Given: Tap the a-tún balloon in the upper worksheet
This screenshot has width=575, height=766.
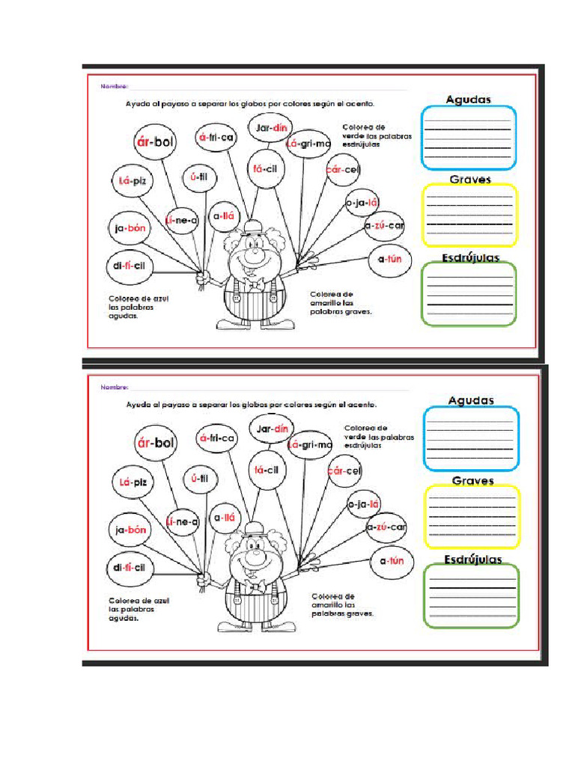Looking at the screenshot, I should click(391, 260).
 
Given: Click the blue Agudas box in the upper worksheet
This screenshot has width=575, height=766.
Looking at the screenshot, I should click(469, 138).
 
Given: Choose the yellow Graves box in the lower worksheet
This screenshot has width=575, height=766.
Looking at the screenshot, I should click(471, 517).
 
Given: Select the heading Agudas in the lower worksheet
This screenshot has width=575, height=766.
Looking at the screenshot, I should click(471, 400).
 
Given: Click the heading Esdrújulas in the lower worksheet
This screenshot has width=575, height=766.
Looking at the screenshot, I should click(472, 559).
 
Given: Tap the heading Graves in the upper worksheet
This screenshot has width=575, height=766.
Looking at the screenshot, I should click(469, 180).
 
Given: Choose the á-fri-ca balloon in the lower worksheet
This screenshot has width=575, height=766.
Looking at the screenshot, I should click(217, 438).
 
